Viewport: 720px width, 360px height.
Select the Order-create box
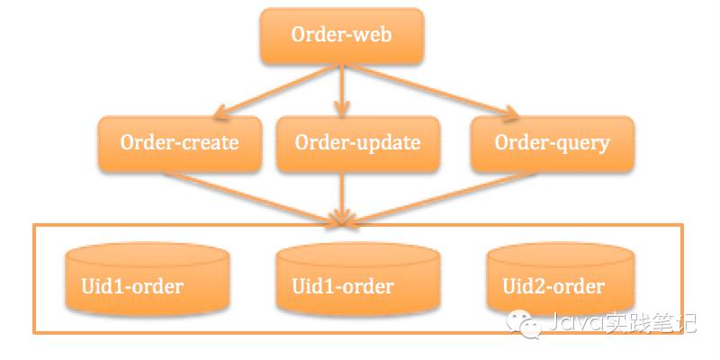click(179, 143)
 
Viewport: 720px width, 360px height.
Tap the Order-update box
click(357, 143)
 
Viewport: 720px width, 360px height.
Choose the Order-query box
click(552, 143)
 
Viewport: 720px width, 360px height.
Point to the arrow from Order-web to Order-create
click(270, 90)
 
